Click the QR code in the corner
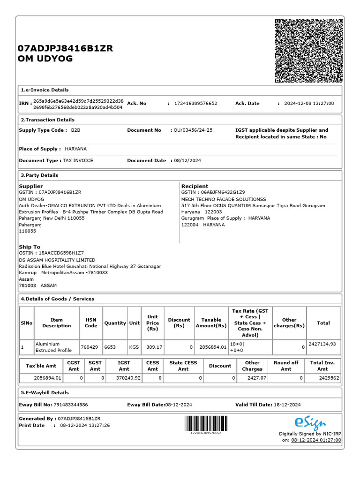point(308,51)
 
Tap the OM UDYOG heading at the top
point(45,59)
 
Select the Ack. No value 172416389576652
point(195,104)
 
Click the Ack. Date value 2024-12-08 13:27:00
point(309,104)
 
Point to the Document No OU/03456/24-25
point(193,130)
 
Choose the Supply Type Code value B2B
point(75,130)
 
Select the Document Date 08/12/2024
point(187,161)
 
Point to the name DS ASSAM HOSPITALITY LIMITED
point(57,260)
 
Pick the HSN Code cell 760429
point(89,347)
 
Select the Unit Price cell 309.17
point(152,347)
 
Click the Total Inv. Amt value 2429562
point(329,378)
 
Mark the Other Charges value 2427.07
point(256,378)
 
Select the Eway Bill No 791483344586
point(67,405)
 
